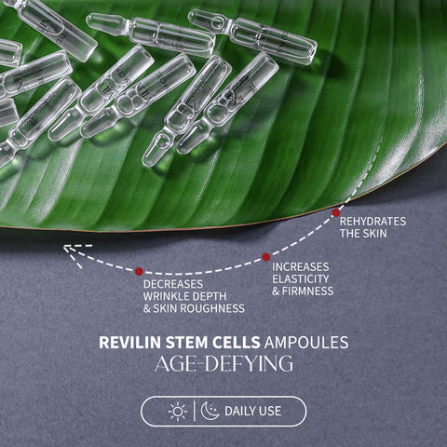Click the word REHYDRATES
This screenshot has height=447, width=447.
[x=372, y=222]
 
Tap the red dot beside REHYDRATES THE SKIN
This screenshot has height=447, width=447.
[x=336, y=212]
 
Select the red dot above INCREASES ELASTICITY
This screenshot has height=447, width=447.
[x=266, y=257]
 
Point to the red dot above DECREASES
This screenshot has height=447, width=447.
[x=139, y=271]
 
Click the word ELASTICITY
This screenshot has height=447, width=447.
[x=301, y=278]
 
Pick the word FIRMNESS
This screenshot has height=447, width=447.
[x=307, y=291]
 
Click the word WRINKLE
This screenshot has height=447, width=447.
[x=167, y=296]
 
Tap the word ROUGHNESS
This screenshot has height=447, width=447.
[x=212, y=308]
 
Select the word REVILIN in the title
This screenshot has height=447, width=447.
[x=130, y=343]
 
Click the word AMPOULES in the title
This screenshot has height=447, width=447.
[x=306, y=343]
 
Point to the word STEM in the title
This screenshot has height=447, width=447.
[x=187, y=343]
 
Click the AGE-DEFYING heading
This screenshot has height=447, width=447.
[x=223, y=364]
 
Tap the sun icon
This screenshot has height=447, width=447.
[x=178, y=412]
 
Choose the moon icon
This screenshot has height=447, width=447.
[x=210, y=411]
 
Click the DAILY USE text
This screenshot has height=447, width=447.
[x=252, y=412]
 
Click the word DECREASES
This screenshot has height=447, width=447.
[x=173, y=284]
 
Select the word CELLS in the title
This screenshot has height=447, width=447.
[x=237, y=343]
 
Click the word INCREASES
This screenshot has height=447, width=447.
[x=301, y=266]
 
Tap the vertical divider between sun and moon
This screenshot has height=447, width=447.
[x=195, y=412]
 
